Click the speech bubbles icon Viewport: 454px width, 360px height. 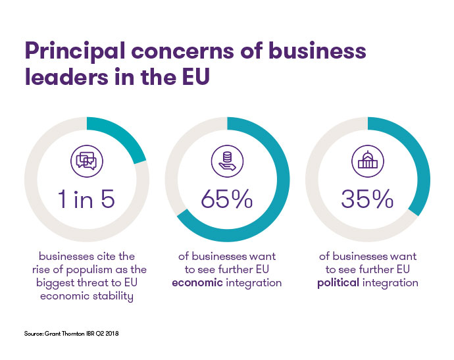coord(86,160)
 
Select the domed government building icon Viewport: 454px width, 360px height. coord(368,159)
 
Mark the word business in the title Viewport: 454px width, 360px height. coord(309,51)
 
